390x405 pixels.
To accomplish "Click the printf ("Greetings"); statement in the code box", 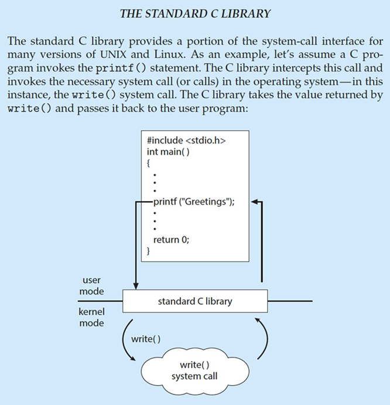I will point(194,202).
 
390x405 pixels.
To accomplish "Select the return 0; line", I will point(171,239).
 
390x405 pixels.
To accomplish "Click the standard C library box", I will point(195,301).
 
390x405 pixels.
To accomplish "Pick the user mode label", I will point(92,286).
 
